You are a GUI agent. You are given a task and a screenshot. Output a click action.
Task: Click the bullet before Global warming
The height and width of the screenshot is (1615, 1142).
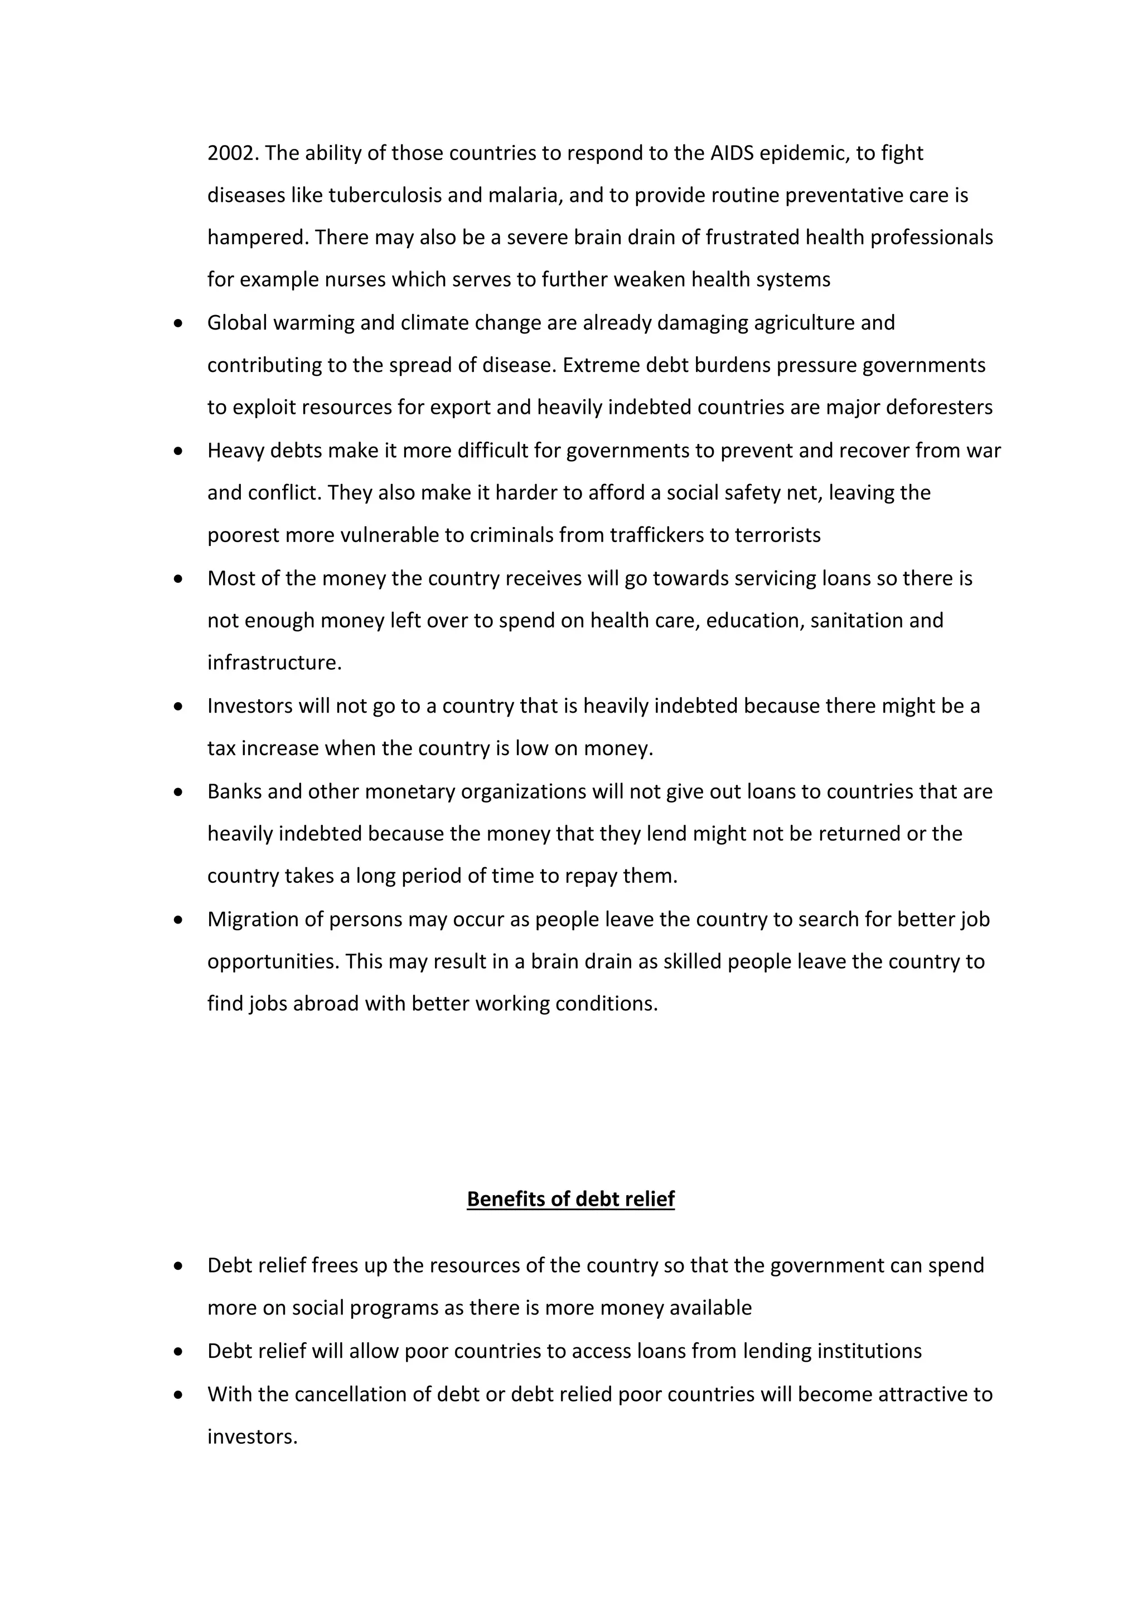click(x=178, y=323)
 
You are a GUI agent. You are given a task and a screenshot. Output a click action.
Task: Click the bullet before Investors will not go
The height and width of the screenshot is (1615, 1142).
click(x=178, y=706)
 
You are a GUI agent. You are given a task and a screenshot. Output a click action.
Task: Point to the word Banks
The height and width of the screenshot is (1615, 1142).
click(x=234, y=791)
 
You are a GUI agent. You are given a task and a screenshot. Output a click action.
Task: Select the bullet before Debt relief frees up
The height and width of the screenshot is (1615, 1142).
click(x=178, y=1266)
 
